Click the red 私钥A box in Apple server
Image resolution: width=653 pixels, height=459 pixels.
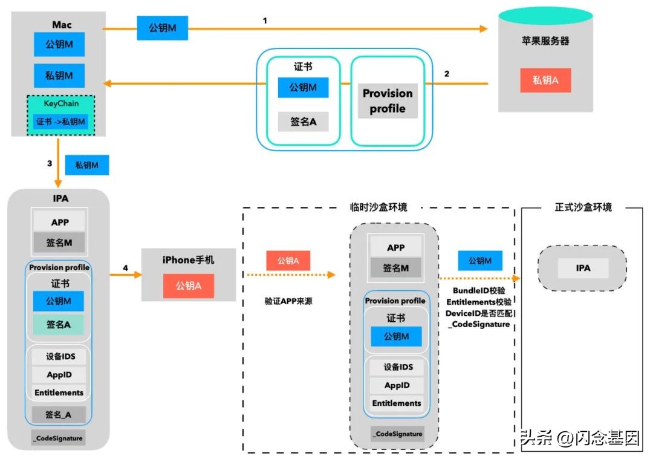pyautogui.click(x=545, y=80)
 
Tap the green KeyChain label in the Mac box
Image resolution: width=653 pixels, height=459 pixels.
pyautogui.click(x=60, y=103)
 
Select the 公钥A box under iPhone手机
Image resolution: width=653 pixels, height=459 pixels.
pyautogui.click(x=188, y=285)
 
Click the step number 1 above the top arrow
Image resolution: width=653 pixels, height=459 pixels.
pyautogui.click(x=265, y=20)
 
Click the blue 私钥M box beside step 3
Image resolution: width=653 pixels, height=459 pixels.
pyautogui.click(x=86, y=165)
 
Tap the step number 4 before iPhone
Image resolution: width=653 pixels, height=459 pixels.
pyautogui.click(x=125, y=267)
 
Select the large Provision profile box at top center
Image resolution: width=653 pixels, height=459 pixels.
pyautogui.click(x=387, y=101)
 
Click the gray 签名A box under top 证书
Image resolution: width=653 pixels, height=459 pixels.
pyautogui.click(x=303, y=122)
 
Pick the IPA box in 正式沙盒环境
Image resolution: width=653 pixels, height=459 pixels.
pyautogui.click(x=583, y=268)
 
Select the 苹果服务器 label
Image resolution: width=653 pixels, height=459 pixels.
pyautogui.click(x=545, y=41)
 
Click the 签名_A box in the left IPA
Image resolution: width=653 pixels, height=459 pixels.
pyautogui.click(x=59, y=414)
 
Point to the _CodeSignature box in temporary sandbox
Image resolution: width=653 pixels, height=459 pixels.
pyautogui.click(x=397, y=434)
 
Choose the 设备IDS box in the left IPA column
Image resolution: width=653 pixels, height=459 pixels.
pyautogui.click(x=60, y=357)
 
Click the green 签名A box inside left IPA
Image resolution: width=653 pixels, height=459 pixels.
pyautogui.click(x=59, y=325)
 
